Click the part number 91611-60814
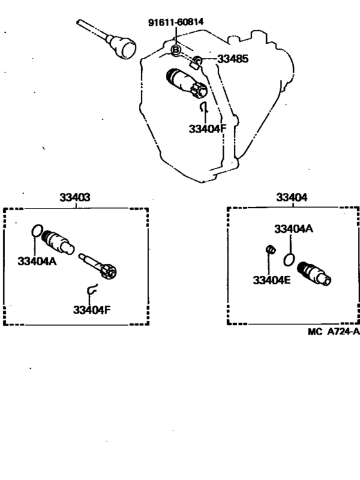pos(176,22)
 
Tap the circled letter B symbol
pos(176,50)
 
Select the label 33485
pos(233,59)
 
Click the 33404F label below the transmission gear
pos(208,129)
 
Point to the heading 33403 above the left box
pos(75,198)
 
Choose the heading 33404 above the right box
pos(291,198)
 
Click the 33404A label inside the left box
pos(37,261)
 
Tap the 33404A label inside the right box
pos(294,228)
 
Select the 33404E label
pos(271,280)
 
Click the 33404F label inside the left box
pos(92,309)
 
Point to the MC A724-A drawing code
pos(334,331)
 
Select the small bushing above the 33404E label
pos(271,250)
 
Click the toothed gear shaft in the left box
pos(98,265)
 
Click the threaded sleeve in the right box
pos(314,273)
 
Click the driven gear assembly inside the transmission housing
pos(186,84)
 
